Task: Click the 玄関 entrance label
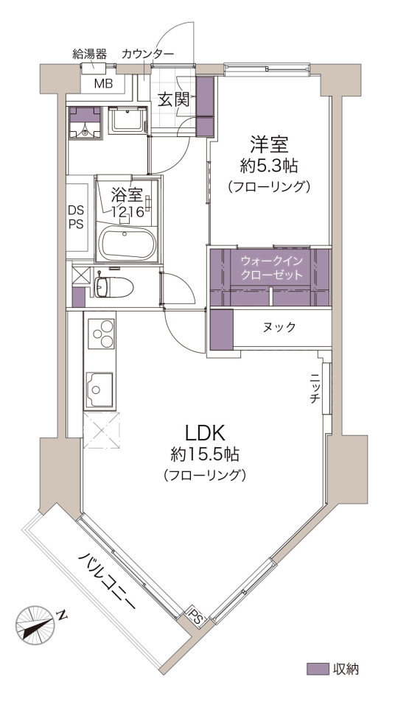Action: click(x=173, y=99)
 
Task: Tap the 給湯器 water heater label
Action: click(x=90, y=54)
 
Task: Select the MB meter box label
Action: click(x=103, y=83)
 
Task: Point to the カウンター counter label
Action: click(x=147, y=54)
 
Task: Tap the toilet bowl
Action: click(x=113, y=286)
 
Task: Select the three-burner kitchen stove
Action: click(x=102, y=333)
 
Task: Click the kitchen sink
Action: click(x=99, y=390)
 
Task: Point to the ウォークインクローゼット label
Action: click(x=271, y=268)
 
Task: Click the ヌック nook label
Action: click(x=279, y=327)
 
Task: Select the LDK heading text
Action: click(x=204, y=433)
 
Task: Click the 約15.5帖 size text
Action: click(x=204, y=454)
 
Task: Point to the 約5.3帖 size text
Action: click(x=269, y=167)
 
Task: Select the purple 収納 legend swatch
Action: click(x=318, y=669)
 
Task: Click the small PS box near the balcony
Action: click(x=195, y=617)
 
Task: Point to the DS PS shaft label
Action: click(x=76, y=217)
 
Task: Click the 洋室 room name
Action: click(x=269, y=145)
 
